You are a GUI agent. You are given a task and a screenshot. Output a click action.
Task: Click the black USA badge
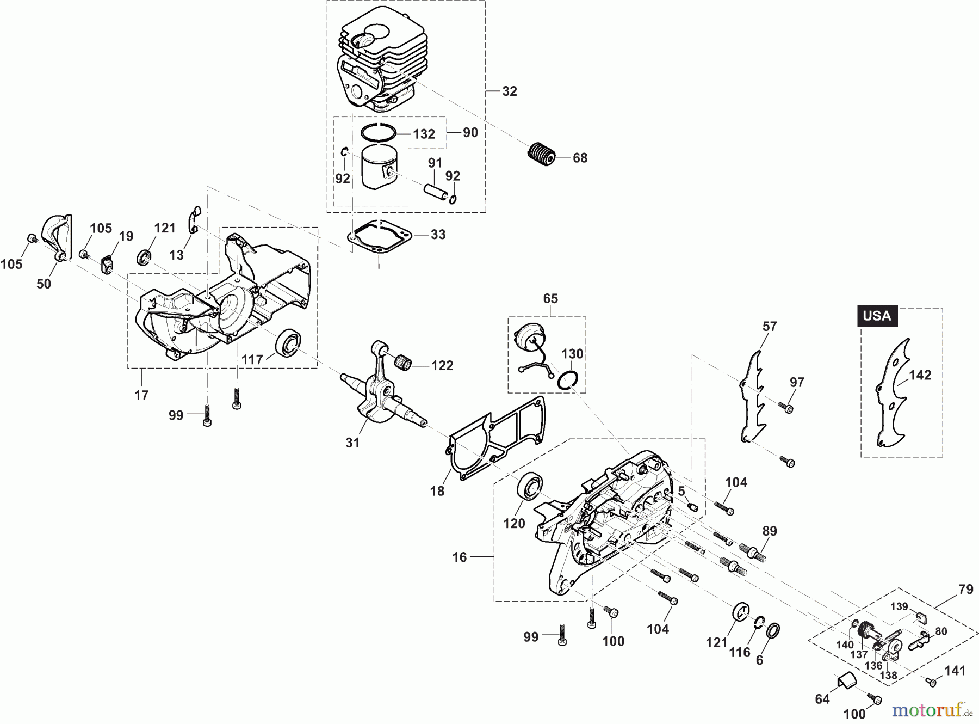(877, 316)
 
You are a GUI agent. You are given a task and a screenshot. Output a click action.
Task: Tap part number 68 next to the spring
(580, 158)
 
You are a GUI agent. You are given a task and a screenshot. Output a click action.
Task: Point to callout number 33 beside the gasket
(438, 235)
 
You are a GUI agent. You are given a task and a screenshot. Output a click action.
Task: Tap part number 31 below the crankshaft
(352, 443)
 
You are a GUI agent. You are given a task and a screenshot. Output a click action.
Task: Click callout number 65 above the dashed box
(550, 298)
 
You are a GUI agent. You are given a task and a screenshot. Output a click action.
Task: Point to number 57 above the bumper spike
(770, 327)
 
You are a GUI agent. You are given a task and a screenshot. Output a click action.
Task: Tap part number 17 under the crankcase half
(141, 395)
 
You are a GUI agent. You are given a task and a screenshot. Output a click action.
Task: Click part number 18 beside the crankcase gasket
(437, 490)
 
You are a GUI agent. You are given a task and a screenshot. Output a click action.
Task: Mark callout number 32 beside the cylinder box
(509, 91)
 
